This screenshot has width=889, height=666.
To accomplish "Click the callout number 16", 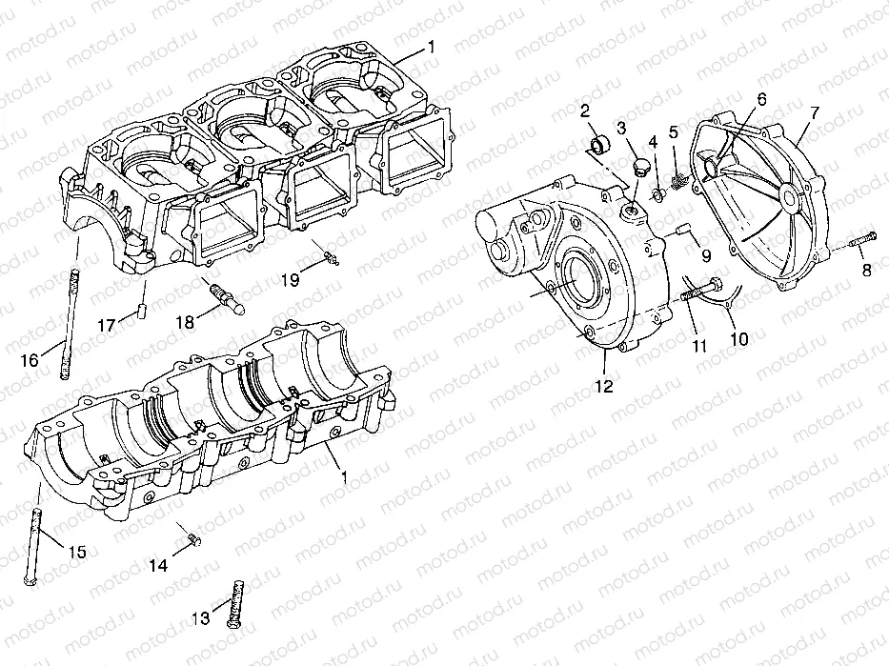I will point(29,359).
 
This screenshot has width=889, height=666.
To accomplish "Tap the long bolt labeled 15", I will point(35,543).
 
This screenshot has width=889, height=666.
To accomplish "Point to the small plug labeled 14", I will point(193,540).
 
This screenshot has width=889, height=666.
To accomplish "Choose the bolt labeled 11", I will point(702,290).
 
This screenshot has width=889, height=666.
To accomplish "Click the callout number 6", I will point(760,99).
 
